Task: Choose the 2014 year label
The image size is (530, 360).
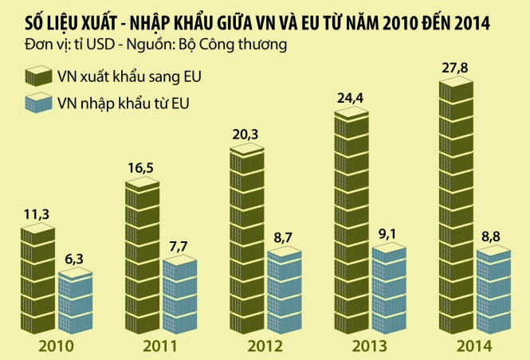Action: click(x=475, y=346)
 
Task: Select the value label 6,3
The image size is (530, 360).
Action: click(x=77, y=259)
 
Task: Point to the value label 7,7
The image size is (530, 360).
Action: click(x=181, y=245)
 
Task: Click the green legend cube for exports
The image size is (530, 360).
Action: click(x=36, y=77)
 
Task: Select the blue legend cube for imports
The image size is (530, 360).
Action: click(x=36, y=104)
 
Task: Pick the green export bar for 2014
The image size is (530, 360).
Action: click(x=456, y=207)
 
